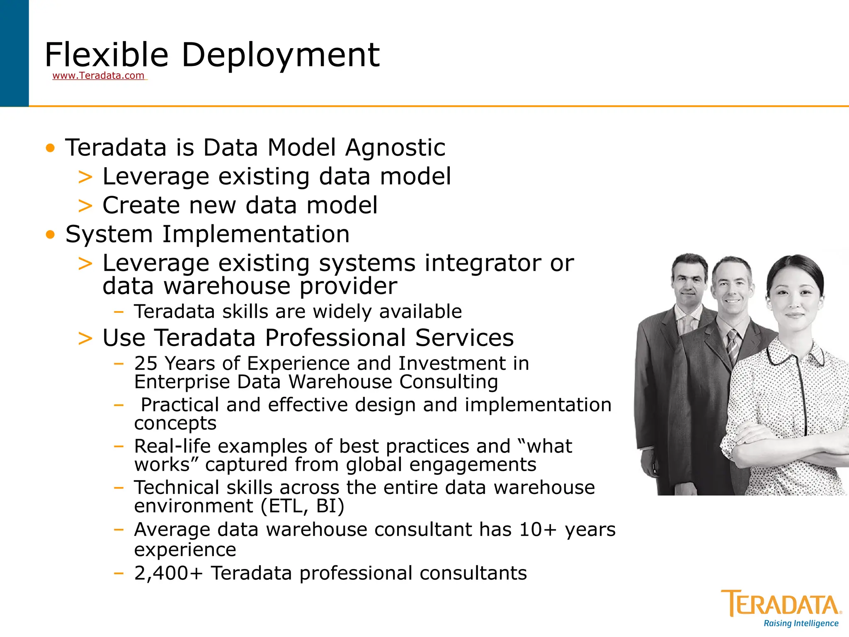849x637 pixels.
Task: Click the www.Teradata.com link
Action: (x=98, y=76)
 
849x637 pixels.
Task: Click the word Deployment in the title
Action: (x=280, y=55)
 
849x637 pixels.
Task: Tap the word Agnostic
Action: (x=395, y=148)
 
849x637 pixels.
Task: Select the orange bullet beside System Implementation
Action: (x=50, y=235)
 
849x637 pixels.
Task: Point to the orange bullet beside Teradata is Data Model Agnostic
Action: (x=50, y=148)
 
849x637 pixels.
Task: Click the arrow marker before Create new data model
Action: (x=85, y=206)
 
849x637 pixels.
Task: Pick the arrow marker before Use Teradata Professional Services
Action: (x=85, y=338)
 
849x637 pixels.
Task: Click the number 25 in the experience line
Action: (x=146, y=364)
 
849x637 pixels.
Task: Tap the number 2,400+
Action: (x=168, y=574)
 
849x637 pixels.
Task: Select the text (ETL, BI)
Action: (x=302, y=506)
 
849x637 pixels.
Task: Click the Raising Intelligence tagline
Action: (x=800, y=623)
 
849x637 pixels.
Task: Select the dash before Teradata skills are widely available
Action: (x=119, y=312)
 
